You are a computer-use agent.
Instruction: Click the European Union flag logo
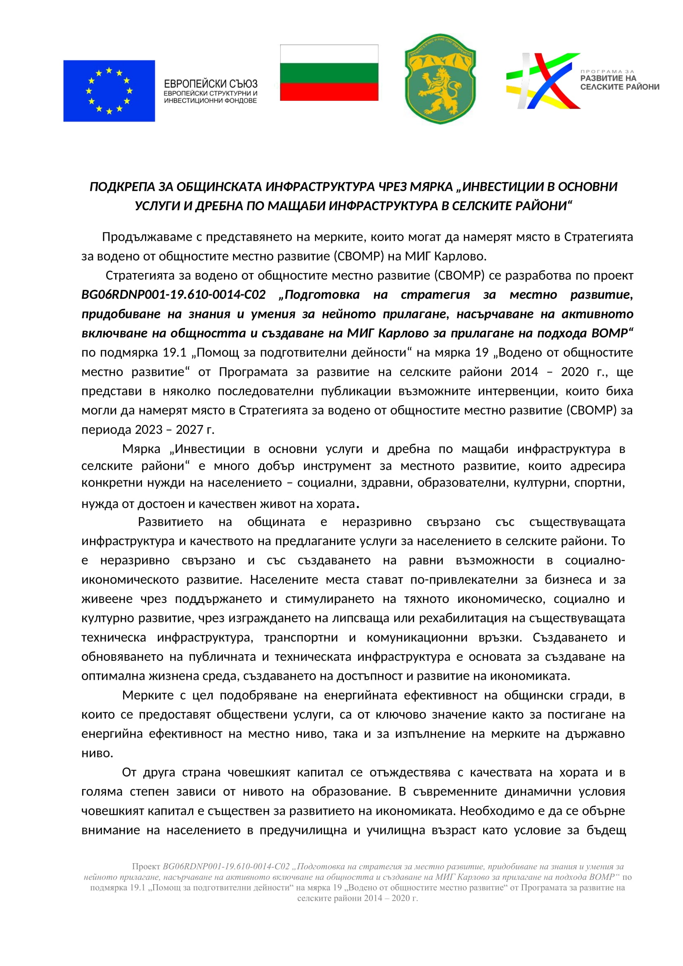coord(109,91)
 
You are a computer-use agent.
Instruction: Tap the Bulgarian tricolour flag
coord(329,73)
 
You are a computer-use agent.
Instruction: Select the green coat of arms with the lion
coord(440,79)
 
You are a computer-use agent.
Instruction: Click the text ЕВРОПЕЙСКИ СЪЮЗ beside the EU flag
coord(210,84)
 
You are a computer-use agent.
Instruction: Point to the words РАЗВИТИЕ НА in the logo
coord(608,78)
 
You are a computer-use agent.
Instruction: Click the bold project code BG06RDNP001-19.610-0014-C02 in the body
coord(173,295)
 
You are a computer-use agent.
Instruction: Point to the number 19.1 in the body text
coord(175,353)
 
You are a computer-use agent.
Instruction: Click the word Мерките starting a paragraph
coord(147,695)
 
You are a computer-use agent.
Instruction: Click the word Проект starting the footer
coord(146,867)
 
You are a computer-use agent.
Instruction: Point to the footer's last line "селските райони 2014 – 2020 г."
coord(358,899)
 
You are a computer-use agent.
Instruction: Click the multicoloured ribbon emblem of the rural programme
coord(543,81)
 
